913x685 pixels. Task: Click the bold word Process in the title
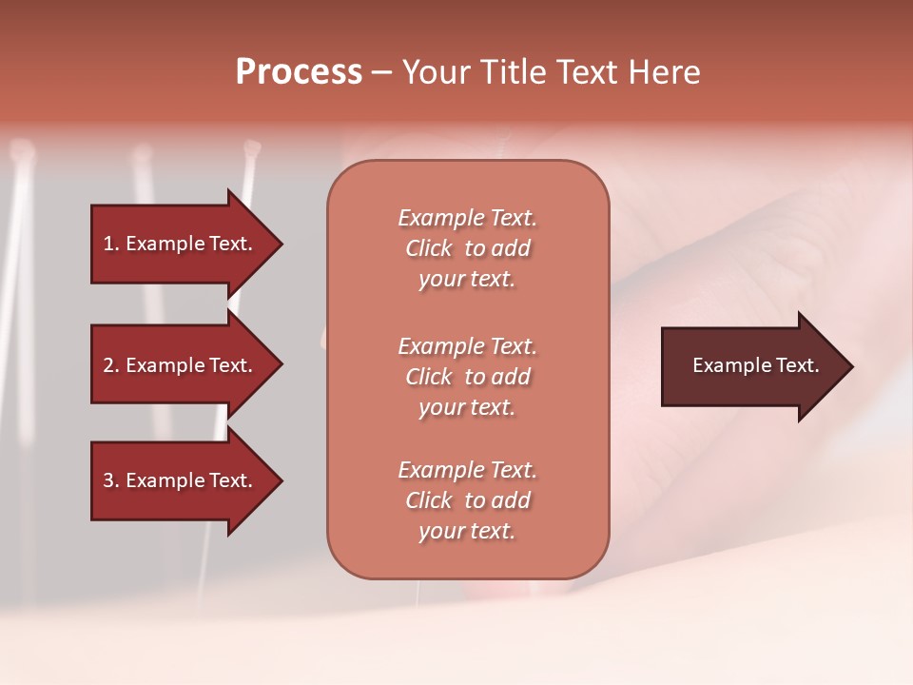299,72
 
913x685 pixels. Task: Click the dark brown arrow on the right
751,365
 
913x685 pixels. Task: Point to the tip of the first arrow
280,244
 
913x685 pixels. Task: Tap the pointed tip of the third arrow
280,480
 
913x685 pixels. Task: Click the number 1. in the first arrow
111,244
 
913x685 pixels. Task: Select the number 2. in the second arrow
111,365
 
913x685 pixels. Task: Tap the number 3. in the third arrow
111,480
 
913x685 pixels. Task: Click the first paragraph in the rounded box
467,248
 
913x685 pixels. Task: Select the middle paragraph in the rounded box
467,377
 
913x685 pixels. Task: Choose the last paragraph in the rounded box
467,500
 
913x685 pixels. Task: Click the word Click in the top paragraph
429,248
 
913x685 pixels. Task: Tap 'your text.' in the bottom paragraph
467,532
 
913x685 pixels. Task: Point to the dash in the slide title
381,73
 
